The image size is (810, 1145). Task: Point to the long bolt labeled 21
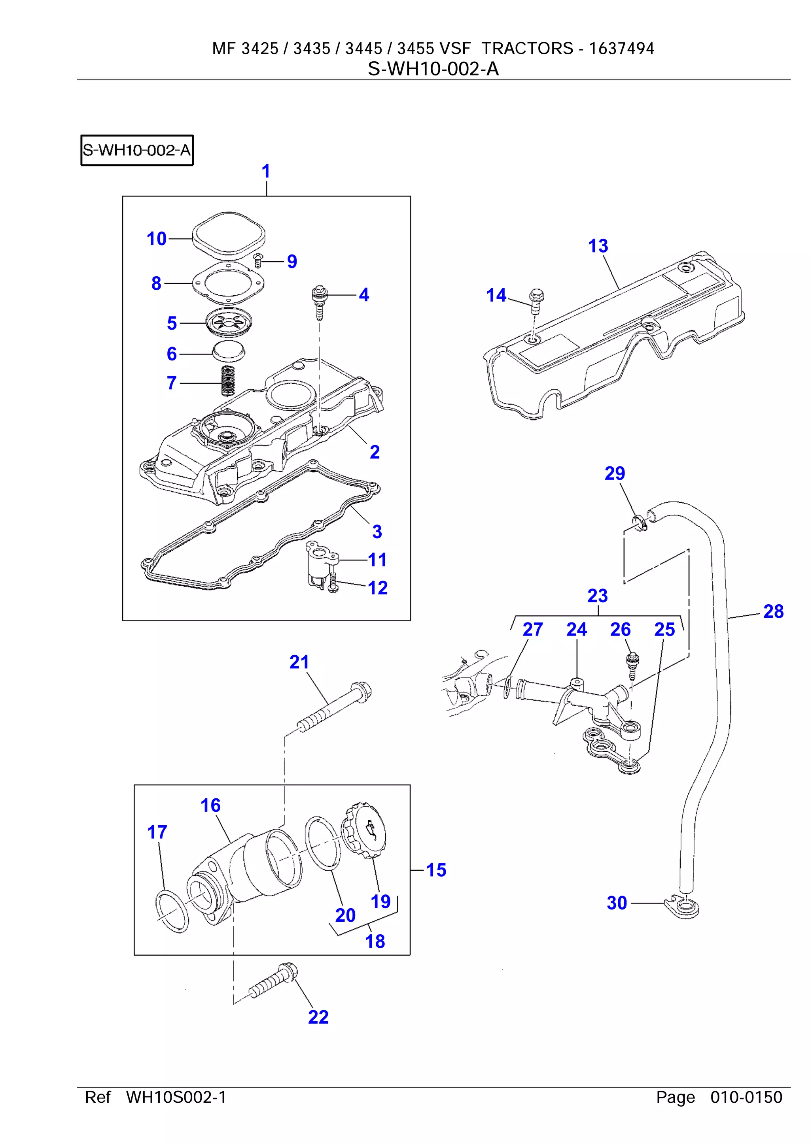(x=336, y=708)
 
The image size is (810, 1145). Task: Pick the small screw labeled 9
(x=258, y=259)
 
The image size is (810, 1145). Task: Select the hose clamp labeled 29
(x=640, y=523)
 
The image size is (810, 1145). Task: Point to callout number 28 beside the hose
(x=773, y=611)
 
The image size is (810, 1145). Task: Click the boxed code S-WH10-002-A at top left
(x=137, y=150)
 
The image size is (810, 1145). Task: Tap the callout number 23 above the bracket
(x=597, y=596)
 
